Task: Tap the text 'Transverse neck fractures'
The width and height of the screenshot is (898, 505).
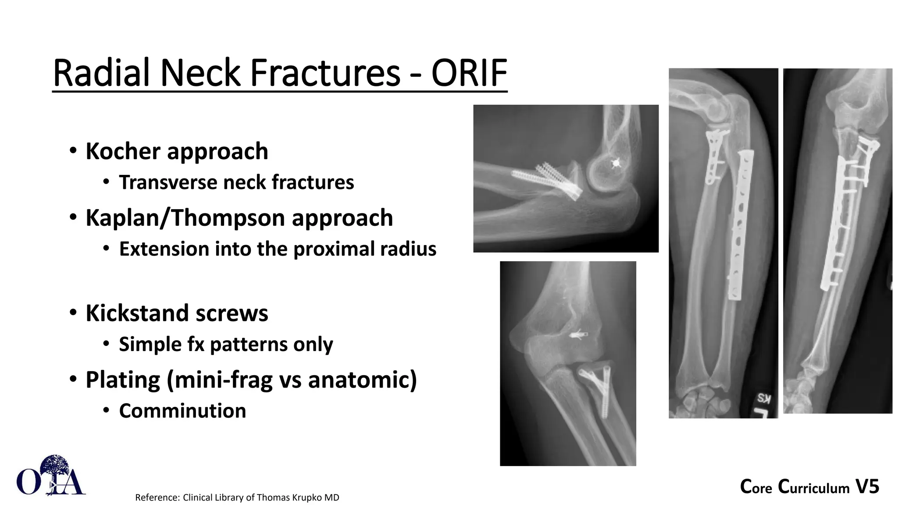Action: click(236, 183)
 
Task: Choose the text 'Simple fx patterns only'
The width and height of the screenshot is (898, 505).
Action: click(226, 345)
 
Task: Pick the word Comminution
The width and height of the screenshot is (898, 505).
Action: click(182, 411)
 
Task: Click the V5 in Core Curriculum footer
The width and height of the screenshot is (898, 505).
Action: click(867, 487)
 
